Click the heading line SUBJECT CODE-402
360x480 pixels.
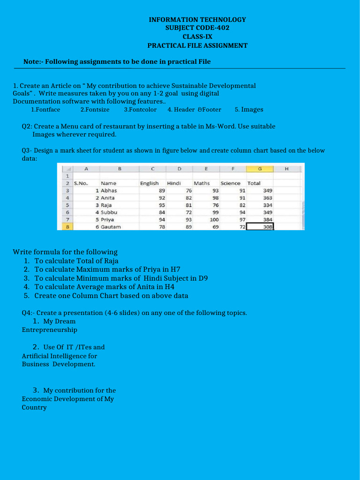[x=197, y=28]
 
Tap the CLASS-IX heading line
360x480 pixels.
[x=197, y=37]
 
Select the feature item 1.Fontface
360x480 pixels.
[x=45, y=110]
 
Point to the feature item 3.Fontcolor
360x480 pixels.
[x=140, y=110]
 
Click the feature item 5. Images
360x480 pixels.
[x=249, y=110]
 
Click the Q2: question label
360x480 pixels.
[x=27, y=127]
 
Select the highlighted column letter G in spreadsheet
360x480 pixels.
[x=260, y=169]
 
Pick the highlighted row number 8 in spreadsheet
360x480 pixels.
[x=67, y=226]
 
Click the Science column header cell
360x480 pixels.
[x=230, y=183]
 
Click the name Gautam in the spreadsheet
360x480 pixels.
[x=111, y=226]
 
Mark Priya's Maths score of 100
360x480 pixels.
[x=214, y=219]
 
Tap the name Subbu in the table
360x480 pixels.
[x=109, y=212]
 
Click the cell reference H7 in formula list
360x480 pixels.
[x=175, y=270]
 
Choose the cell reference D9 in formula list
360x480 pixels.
[x=202, y=278]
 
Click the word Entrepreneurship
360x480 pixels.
[x=49, y=330]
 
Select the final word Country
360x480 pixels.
[x=34, y=408]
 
